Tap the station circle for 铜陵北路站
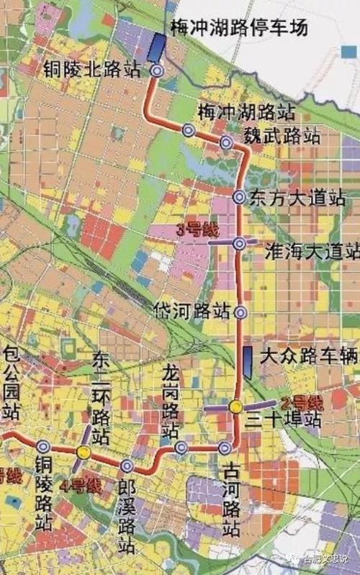point(157,71)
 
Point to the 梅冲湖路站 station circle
point(189,130)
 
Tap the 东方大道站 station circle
point(240,196)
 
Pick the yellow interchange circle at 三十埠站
point(235,407)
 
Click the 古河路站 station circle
point(225,448)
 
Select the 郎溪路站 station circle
point(127,466)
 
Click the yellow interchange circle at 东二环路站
point(84,453)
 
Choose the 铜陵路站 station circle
point(44,447)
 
